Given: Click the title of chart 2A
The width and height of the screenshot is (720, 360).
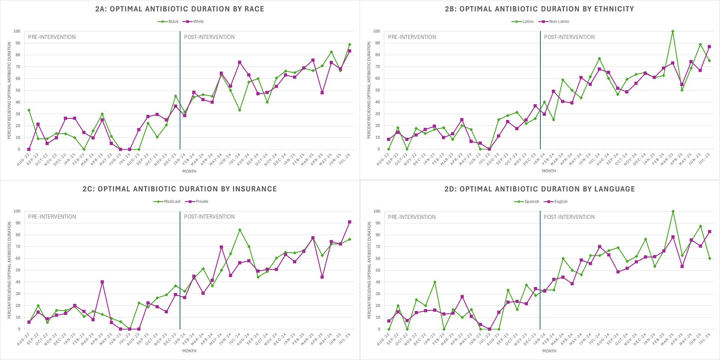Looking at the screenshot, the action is tap(180, 9).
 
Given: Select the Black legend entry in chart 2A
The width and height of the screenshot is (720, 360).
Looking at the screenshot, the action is tap(168, 22).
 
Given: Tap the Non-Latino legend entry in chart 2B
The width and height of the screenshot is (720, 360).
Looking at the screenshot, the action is tap(554, 22).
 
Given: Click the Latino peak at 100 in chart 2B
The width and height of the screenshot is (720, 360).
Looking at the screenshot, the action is tap(673, 31).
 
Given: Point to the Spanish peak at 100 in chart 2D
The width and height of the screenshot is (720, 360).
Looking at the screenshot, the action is tap(673, 211).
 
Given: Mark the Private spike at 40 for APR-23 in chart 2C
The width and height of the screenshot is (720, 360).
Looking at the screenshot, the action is tap(102, 282).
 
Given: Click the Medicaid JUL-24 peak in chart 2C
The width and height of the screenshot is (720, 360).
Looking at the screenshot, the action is tap(240, 230).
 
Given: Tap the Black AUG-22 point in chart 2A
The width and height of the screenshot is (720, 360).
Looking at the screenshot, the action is tap(29, 110).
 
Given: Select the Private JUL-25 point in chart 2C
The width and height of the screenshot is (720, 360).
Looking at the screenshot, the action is tap(349, 222).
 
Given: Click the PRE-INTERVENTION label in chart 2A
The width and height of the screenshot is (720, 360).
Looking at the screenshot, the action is tap(52, 37).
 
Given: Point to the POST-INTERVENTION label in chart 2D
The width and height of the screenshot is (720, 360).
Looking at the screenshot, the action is tap(569, 217).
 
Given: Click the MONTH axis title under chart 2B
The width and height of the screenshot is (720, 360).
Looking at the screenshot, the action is tap(549, 171).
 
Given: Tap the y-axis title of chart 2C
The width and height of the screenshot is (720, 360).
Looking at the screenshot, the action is tap(9, 270).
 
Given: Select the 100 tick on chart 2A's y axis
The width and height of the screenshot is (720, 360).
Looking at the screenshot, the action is tap(17, 31).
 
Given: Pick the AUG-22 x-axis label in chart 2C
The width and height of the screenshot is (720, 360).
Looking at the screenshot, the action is tap(23, 339).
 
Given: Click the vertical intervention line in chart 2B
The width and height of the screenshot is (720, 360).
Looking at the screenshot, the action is tap(540, 90).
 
